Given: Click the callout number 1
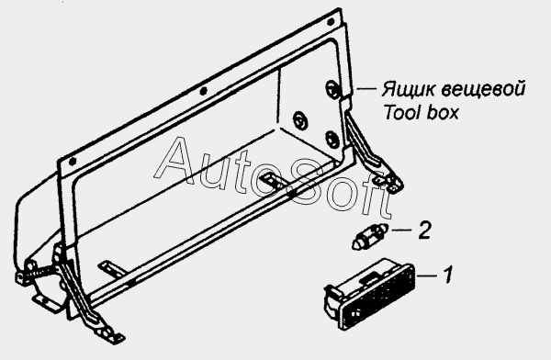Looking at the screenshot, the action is click(447, 275).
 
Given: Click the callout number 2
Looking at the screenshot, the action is click(424, 231).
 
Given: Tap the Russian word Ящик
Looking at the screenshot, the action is click(408, 90).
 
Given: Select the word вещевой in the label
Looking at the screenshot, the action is click(483, 89).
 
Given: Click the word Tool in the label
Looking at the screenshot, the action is click(401, 112).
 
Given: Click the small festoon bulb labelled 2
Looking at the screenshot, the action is click(370, 237).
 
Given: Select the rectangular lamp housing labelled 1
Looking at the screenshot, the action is click(370, 295).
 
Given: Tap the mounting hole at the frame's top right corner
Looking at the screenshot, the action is click(331, 22).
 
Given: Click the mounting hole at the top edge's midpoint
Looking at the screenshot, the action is click(203, 92).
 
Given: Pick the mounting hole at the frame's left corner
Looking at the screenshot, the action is click(73, 162).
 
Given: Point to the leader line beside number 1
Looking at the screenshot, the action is click(427, 276).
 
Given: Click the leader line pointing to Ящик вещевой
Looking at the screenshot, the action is click(366, 89).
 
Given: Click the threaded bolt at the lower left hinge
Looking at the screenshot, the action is click(44, 270).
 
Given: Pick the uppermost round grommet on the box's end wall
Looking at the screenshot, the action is click(332, 88).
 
